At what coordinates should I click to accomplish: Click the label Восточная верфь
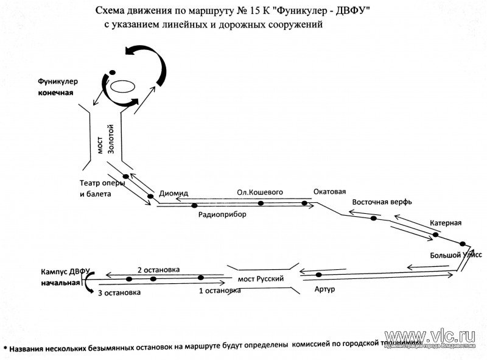coord(383,202)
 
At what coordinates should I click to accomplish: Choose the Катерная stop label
coord(446,222)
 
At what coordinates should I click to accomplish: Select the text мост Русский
coord(262,278)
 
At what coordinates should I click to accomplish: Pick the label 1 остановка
coord(220,291)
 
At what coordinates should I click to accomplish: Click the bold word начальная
coord(61,284)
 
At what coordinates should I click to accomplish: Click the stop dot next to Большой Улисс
coord(462,243)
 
